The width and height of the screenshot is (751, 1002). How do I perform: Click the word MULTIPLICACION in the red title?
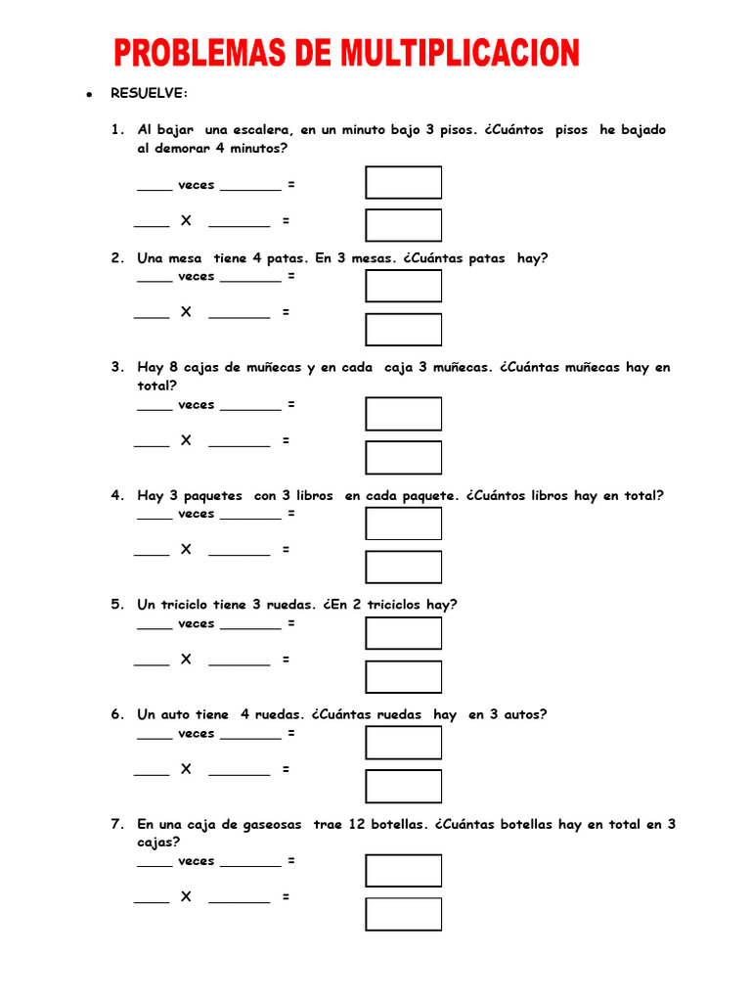tap(461, 52)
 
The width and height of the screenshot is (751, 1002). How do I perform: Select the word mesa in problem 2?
tap(185, 258)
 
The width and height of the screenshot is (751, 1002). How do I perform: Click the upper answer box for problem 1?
tap(403, 183)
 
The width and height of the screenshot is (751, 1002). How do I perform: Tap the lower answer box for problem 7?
tap(403, 914)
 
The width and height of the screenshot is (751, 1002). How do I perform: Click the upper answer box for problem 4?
tap(403, 524)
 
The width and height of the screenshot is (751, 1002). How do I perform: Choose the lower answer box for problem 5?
tap(403, 677)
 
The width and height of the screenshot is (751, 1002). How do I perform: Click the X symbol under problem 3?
tap(186, 440)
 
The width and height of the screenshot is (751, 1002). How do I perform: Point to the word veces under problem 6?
tap(196, 733)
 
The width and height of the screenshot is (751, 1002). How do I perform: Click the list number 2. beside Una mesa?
tap(117, 258)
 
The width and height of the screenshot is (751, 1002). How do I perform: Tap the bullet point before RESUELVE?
tap(88, 94)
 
